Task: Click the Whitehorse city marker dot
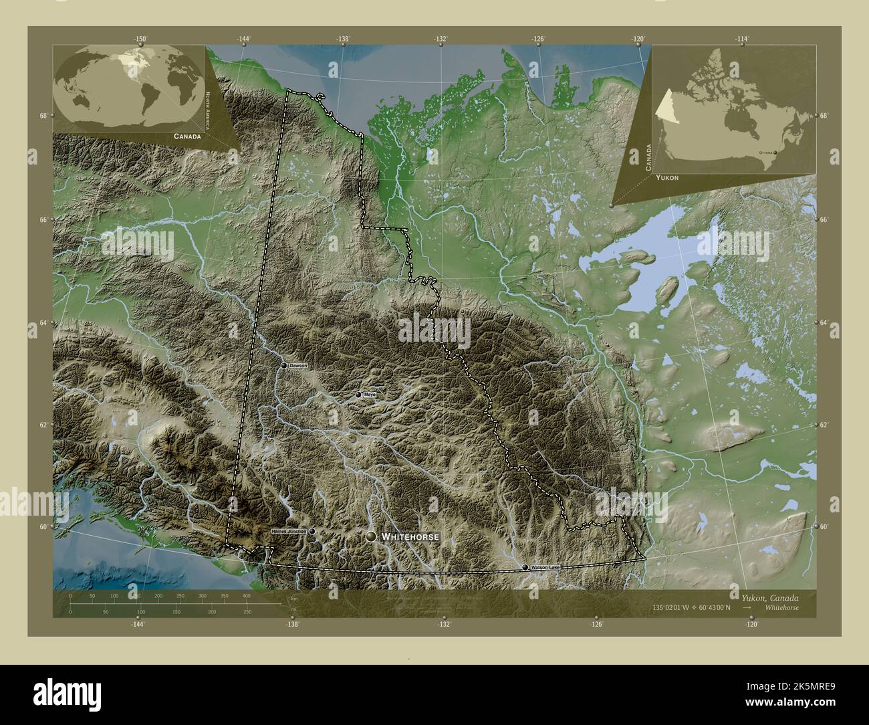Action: (370, 536)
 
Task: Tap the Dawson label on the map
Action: (298, 366)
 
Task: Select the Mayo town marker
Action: (358, 395)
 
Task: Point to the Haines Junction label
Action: (288, 531)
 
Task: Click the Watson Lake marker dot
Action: (525, 567)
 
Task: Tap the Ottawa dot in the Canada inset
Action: (775, 152)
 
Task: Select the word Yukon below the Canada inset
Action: (667, 177)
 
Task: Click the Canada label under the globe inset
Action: (187, 136)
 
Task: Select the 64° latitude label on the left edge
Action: (43, 323)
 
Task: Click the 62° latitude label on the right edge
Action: (824, 425)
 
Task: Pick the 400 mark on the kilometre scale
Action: (246, 595)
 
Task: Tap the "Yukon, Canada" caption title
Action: (770, 597)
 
